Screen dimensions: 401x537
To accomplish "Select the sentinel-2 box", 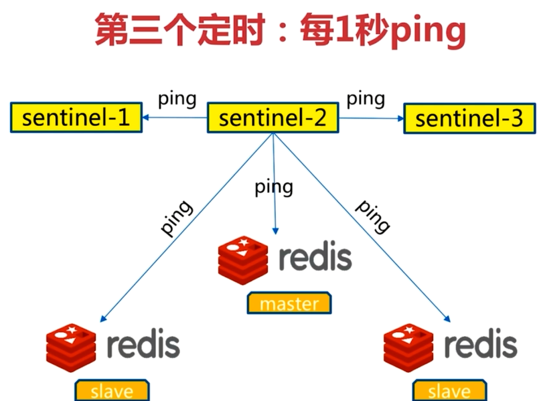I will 273,118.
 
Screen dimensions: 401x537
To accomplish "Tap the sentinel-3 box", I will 469,119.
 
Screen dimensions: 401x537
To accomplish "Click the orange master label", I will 289,303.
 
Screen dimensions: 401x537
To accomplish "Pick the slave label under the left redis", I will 112,391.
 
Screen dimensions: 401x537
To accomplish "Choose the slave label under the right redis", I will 449,391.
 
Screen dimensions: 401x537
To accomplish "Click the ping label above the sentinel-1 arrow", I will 177,99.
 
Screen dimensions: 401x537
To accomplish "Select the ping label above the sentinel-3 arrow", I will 366,99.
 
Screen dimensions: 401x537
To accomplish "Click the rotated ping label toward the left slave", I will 177,217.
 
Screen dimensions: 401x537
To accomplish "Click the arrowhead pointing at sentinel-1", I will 145,118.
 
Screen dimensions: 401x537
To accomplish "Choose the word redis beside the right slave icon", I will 481,344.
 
